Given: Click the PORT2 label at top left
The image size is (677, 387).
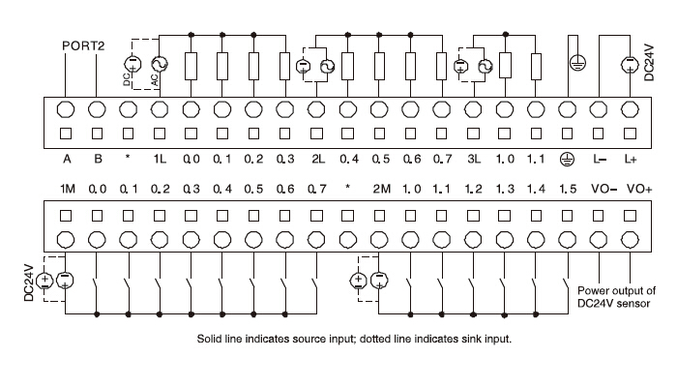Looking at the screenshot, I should [83, 45].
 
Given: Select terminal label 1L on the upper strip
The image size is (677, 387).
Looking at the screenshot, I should [161, 158].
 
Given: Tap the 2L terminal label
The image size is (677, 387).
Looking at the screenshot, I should [317, 158].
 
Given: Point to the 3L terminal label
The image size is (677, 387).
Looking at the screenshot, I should [474, 158].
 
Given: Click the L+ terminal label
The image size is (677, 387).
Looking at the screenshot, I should [631, 158].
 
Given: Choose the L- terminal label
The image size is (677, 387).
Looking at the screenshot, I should [600, 158].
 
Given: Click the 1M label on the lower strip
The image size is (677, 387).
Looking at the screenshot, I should [67, 188].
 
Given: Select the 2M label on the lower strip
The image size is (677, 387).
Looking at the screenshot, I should [380, 188].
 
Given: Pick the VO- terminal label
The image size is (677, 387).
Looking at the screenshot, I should [601, 188].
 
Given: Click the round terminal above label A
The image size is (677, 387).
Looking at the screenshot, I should [68, 108].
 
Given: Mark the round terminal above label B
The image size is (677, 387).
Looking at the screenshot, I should [98, 108].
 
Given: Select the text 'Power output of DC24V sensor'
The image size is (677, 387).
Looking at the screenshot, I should [616, 297].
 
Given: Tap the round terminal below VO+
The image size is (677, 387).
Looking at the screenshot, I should [631, 238].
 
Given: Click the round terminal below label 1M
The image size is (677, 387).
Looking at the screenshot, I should [67, 238].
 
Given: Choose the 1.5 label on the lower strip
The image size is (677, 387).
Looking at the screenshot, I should [567, 188].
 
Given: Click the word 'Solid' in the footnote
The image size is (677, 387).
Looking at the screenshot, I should [212, 340].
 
